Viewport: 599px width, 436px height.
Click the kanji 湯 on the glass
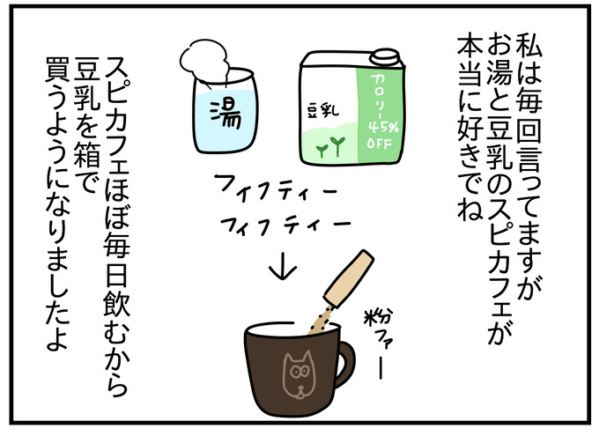click(x=226, y=115)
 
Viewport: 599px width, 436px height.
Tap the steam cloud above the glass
click(x=205, y=61)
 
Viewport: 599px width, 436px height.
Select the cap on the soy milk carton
click(x=384, y=58)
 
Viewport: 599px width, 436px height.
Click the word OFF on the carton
click(x=380, y=144)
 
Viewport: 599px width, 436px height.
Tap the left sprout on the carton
click(x=322, y=151)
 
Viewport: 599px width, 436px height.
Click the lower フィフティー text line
click(x=285, y=224)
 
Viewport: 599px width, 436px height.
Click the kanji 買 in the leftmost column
click(x=57, y=70)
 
